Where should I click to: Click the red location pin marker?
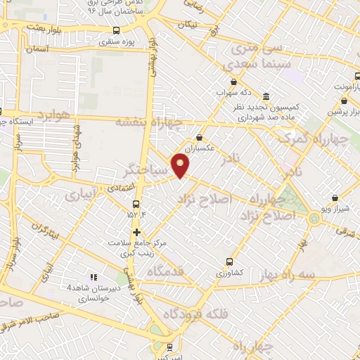(181, 167)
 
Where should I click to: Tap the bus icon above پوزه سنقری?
(117, 30)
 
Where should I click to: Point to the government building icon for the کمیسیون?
(266, 96)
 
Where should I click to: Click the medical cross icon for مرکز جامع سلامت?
(136, 232)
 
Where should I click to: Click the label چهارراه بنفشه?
(148, 122)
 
